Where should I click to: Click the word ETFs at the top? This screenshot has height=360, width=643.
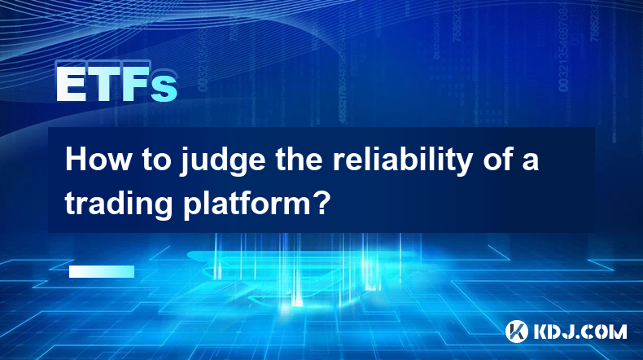click(117, 84)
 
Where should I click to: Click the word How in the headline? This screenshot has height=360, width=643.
click(98, 160)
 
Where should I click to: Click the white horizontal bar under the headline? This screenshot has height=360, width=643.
click(102, 272)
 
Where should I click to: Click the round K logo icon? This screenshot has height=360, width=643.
click(516, 331)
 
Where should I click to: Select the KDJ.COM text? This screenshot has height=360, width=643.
click(580, 331)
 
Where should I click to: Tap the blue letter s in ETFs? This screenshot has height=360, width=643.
click(164, 89)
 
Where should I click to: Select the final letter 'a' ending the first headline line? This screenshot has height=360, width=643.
click(530, 163)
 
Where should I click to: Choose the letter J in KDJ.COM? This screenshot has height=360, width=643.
click(568, 331)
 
